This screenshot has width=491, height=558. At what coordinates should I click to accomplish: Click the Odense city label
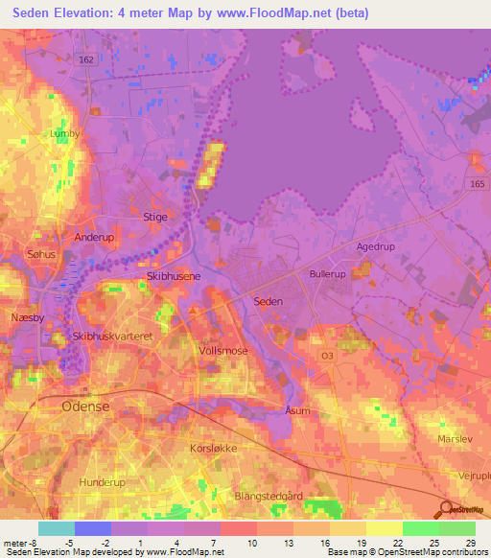coord(86,407)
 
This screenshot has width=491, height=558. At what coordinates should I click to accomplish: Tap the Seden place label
coord(268,301)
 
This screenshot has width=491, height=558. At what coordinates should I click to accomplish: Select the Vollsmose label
coord(223,351)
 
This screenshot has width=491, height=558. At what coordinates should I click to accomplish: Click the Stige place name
coord(154,217)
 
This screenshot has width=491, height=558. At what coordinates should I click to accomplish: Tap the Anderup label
coord(94,236)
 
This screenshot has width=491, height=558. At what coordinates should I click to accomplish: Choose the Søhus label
coord(43,256)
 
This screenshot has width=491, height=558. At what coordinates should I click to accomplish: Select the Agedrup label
coord(376,246)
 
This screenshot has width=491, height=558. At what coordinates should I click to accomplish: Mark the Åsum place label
coord(298,409)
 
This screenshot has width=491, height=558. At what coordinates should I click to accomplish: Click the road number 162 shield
coord(85,59)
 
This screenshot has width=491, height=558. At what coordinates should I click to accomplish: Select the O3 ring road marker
coord(328,355)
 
